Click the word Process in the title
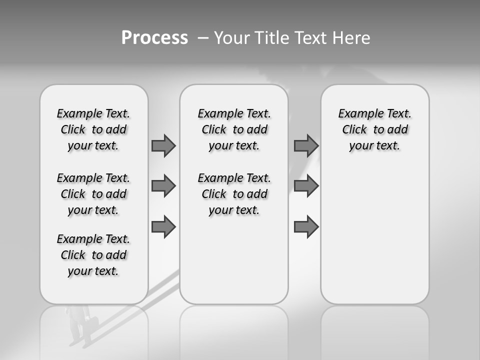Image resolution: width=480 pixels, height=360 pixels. [154, 38]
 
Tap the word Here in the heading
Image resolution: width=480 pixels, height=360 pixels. [350, 38]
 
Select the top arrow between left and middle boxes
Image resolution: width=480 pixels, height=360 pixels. [163, 145]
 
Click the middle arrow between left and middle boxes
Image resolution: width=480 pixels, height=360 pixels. [163, 186]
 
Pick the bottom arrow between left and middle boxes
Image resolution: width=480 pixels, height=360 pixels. [163, 226]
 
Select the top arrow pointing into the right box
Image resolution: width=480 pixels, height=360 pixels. [306, 145]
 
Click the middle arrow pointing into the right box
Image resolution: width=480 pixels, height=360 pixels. [306, 186]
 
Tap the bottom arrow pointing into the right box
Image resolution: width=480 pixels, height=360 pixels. [306, 226]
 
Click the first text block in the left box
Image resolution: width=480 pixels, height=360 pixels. [93, 129]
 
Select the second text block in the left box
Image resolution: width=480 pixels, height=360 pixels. [93, 194]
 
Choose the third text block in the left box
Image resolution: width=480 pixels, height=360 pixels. [93, 255]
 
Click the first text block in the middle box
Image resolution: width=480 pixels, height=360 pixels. [234, 129]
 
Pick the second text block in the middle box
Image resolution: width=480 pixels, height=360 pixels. [234, 194]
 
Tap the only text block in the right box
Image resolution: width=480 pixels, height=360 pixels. [374, 129]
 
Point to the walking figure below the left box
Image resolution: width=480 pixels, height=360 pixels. [80, 325]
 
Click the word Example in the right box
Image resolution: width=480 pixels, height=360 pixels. [357, 114]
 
